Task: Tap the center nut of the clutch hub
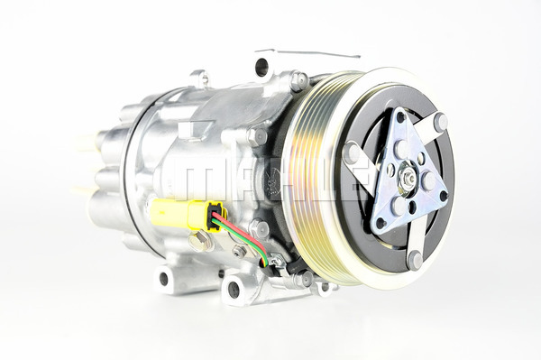[408, 179]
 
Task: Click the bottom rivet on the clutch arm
[415, 261]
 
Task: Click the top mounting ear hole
[261, 66]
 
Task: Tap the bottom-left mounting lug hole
[164, 279]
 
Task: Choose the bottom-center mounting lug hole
[234, 290]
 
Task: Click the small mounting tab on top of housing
[199, 78]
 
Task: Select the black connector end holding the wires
[215, 217]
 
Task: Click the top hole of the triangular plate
[398, 117]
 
